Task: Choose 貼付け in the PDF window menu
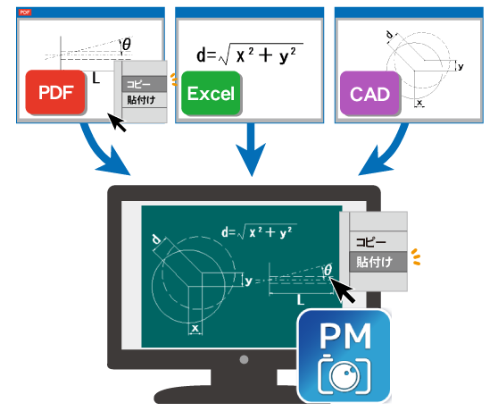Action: coord(143,100)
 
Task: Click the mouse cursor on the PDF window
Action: coord(115,124)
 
